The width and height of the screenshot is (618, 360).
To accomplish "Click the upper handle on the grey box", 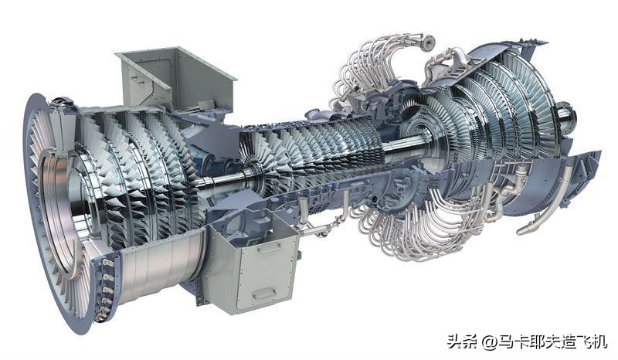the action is click(x=270, y=248).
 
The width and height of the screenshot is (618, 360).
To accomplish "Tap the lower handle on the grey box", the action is click(x=264, y=294).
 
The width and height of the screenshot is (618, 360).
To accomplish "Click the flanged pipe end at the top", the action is click(x=427, y=42).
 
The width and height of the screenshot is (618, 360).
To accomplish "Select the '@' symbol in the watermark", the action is click(x=489, y=341).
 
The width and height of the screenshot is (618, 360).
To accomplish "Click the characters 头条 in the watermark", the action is click(x=463, y=341).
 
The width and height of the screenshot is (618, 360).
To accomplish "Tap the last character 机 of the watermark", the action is click(x=599, y=341).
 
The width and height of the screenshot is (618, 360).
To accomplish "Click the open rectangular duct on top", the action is click(x=175, y=79).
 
